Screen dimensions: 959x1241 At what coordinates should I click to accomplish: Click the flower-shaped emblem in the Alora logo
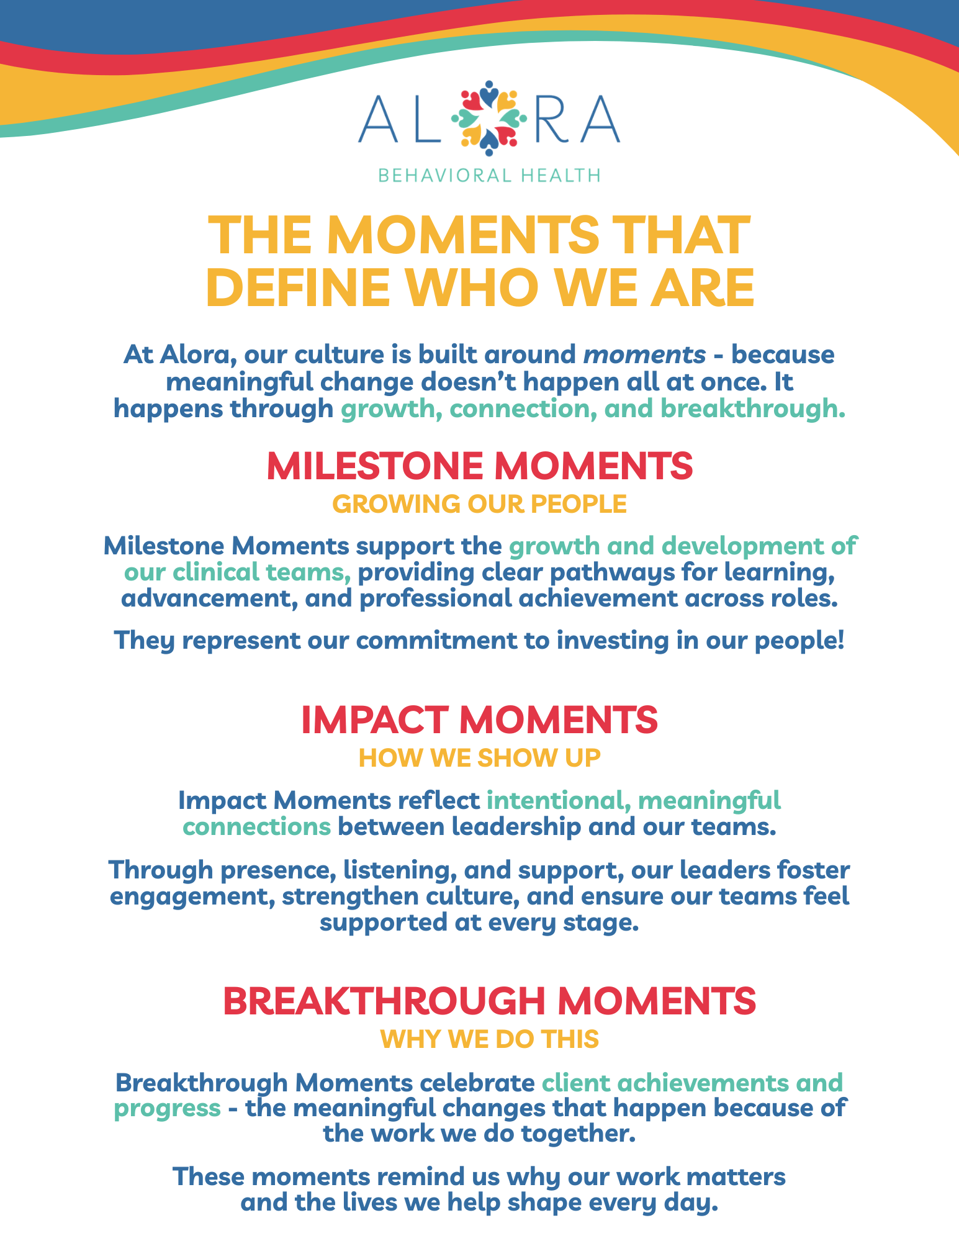coord(489,118)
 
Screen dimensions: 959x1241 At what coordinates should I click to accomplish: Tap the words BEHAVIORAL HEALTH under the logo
coord(489,176)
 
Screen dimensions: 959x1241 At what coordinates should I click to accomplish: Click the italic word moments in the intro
coord(644,355)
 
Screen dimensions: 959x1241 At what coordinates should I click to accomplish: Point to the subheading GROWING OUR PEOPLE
coord(480,504)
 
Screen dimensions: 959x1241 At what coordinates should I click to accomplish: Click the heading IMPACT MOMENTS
coord(479,720)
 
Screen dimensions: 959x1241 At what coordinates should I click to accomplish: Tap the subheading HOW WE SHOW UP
coord(480,758)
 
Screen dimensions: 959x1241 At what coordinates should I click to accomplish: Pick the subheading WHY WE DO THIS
coord(489,1039)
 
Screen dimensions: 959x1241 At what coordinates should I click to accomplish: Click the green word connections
coord(256,827)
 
